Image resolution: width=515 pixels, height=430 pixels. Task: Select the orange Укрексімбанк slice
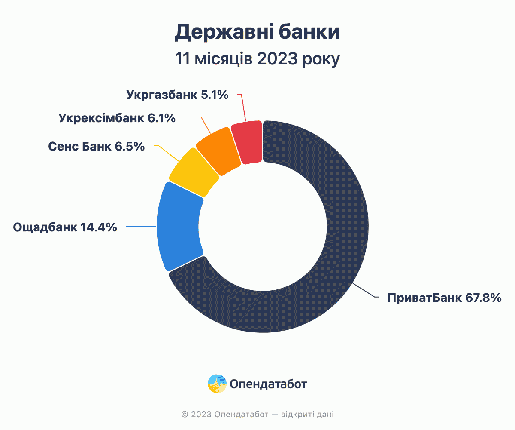219,151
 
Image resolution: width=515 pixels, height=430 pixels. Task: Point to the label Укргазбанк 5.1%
177,95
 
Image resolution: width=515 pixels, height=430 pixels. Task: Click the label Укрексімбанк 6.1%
117,118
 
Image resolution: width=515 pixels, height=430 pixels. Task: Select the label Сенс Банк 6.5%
96,146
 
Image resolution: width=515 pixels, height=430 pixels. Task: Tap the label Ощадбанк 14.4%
65,227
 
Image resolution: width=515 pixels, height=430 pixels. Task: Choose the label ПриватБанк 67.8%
444,298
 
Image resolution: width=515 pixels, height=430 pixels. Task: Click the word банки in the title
309,32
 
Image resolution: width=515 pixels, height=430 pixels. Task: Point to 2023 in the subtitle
277,59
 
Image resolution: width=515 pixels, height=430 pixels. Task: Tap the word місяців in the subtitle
224,60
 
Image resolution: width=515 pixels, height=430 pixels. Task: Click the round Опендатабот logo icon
217,384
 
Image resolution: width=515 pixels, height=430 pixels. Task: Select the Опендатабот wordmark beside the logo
268,384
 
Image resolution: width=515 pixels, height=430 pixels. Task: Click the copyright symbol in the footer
185,414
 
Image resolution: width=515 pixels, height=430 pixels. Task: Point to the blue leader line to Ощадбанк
141,226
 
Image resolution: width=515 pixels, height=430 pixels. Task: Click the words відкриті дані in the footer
307,414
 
